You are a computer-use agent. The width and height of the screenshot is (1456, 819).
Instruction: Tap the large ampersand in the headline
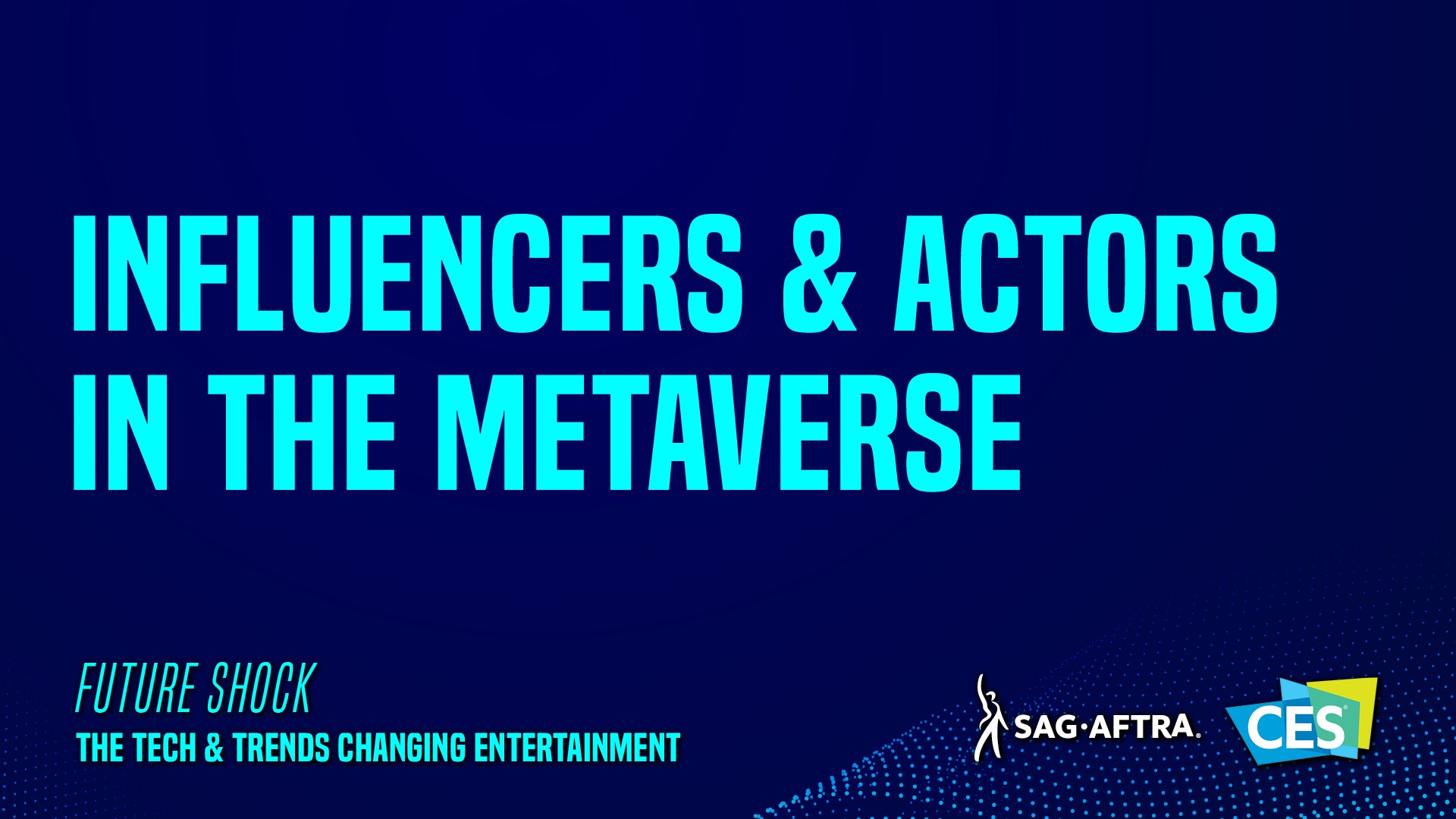tap(820, 274)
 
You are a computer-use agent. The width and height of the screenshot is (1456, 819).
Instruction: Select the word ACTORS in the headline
tap(1086, 274)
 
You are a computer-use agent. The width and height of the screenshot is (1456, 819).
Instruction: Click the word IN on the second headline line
tap(121, 431)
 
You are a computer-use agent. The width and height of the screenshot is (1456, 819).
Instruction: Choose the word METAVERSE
tap(728, 431)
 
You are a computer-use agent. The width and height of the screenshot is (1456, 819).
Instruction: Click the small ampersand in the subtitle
tap(215, 748)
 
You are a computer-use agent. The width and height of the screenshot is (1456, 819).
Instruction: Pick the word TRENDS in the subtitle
tap(281, 748)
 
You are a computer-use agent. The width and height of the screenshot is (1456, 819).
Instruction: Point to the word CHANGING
tap(402, 748)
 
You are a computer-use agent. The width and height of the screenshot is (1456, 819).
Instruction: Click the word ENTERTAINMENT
tap(577, 748)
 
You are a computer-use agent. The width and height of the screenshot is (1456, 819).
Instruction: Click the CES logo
tap(1301, 721)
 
